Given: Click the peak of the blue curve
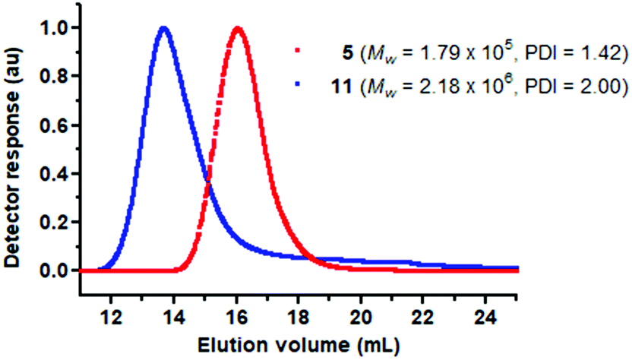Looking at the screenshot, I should [x=163, y=30].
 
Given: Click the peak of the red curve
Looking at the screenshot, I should [x=239, y=30].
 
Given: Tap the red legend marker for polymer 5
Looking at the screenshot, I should [x=298, y=52].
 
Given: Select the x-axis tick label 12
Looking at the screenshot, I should [x=111, y=296].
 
